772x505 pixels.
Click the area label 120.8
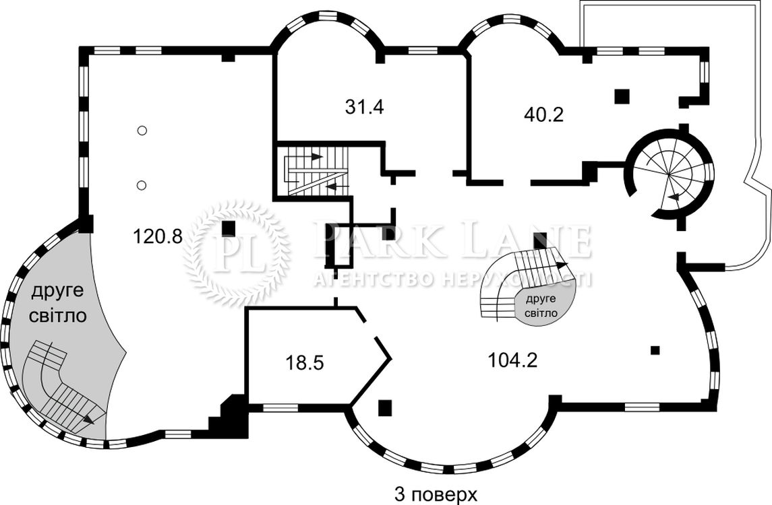click(158, 237)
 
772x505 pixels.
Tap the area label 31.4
click(364, 106)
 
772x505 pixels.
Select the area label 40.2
click(543, 114)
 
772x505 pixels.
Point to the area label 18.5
click(304, 364)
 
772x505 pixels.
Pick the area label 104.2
click(512, 360)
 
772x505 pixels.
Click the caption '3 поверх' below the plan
click(436, 494)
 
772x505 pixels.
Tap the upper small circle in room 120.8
click(142, 131)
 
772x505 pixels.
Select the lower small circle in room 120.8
click(142, 185)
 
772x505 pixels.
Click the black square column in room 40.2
click(622, 96)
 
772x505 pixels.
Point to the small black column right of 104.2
click(655, 350)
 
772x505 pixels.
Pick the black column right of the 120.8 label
click(228, 228)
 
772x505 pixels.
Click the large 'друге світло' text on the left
click(57, 303)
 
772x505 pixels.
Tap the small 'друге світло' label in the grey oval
click(541, 306)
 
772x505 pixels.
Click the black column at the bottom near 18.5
click(384, 408)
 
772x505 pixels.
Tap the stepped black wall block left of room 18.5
click(229, 416)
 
